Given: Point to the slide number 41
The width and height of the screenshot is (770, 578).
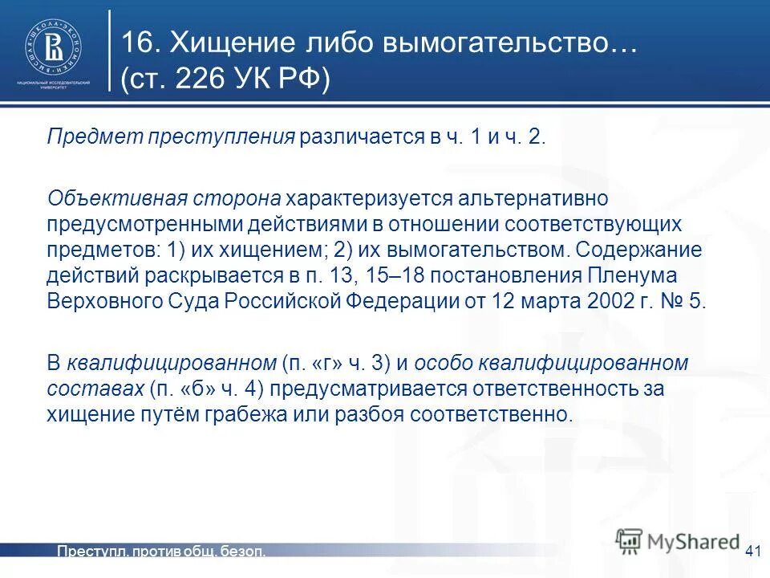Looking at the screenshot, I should click(752, 551).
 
